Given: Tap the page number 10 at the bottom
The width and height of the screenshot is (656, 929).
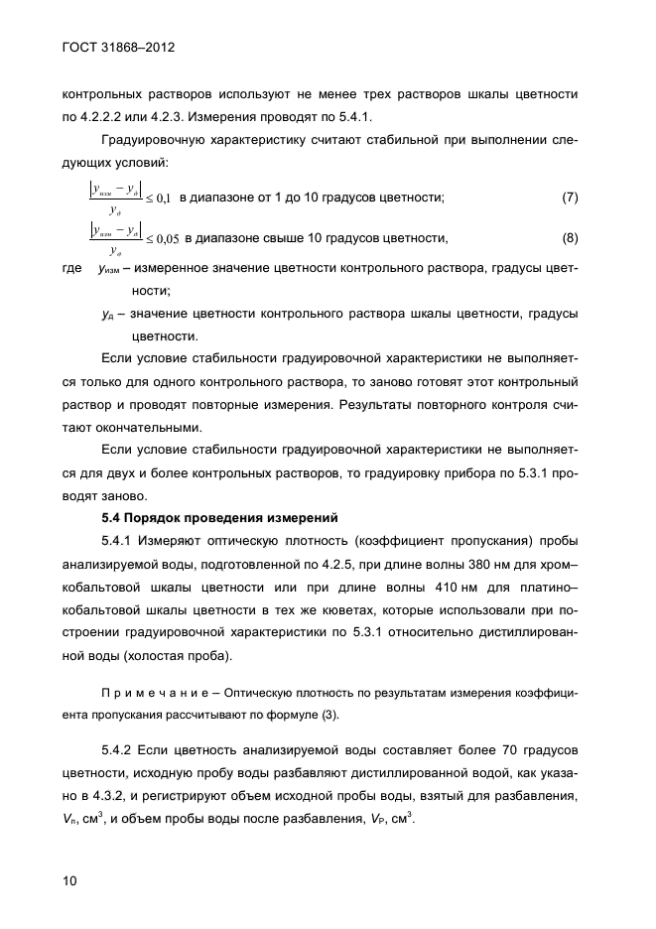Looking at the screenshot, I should coord(69,880).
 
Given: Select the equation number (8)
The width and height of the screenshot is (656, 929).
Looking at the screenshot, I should coord(570,238).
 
